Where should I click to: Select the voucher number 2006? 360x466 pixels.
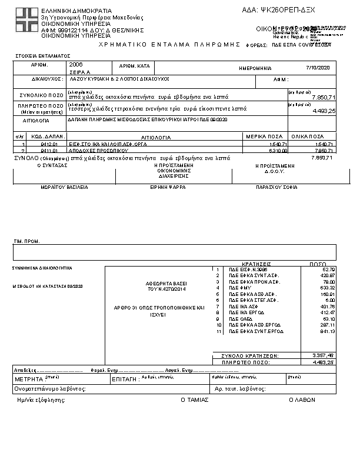[76, 64]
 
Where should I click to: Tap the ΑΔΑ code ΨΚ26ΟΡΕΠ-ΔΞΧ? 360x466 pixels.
[288, 11]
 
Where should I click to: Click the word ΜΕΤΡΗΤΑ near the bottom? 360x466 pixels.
[28, 380]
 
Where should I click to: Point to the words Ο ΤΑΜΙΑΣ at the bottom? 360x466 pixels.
[194, 400]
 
